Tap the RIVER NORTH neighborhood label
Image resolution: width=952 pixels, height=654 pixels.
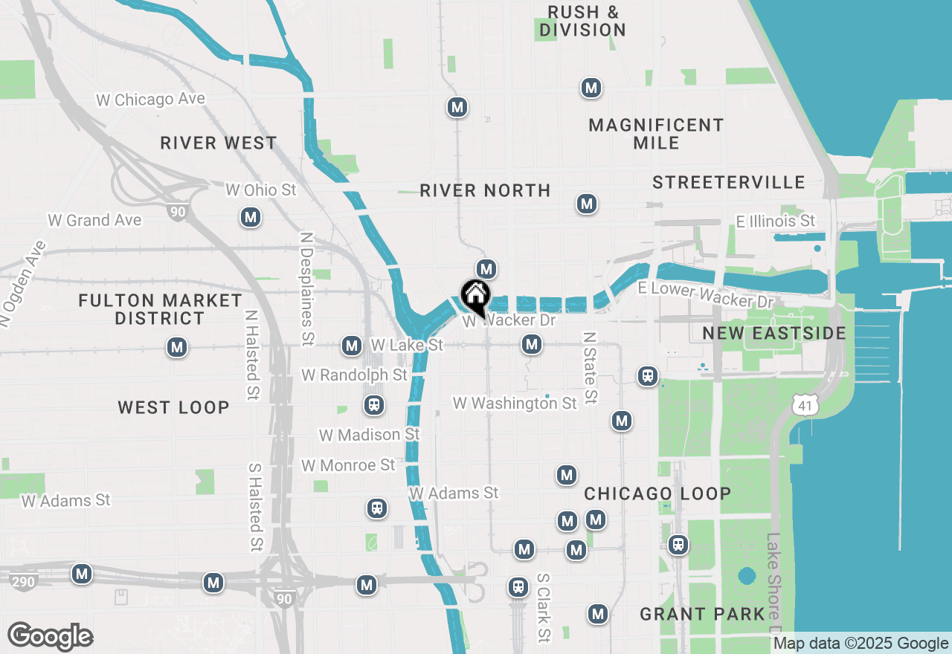[485, 191]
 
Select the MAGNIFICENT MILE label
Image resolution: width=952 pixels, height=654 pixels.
[656, 134]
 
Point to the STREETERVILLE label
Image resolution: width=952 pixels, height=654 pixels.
[729, 182]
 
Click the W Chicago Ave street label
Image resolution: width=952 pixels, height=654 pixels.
[150, 100]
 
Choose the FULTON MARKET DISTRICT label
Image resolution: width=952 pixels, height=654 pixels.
[160, 309]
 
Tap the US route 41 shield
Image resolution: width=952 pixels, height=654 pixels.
[805, 405]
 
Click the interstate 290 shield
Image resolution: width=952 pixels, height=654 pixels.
[24, 581]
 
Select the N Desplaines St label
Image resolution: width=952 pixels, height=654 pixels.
[306, 288]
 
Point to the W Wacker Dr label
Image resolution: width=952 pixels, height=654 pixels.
[509, 321]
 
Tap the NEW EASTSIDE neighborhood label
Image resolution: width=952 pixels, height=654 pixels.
[774, 333]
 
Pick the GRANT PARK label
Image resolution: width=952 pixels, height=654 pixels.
[702, 614]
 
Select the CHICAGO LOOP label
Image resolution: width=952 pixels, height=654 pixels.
[657, 493]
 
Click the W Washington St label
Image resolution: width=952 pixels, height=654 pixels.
[515, 404]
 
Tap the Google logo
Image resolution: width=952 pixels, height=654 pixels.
[51, 636]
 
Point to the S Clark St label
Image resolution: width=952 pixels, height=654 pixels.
[544, 607]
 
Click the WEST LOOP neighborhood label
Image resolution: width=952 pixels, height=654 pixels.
[173, 407]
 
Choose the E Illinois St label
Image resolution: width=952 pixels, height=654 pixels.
[775, 221]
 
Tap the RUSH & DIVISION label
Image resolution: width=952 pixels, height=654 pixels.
[582, 21]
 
